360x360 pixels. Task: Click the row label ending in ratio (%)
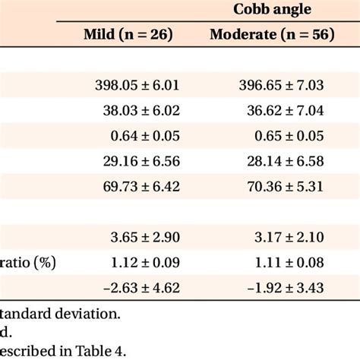point(27,263)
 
